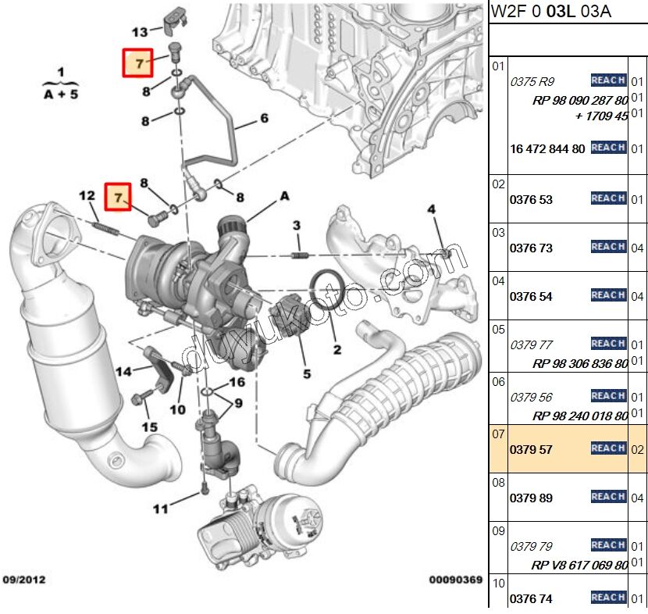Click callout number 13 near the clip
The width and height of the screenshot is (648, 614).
[140, 32]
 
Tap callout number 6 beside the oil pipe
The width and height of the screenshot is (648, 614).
[263, 119]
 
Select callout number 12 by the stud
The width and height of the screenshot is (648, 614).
[87, 195]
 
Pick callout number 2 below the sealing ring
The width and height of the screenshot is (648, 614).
[337, 349]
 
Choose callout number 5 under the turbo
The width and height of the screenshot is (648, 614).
[307, 373]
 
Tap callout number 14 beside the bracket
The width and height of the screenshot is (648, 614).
[124, 372]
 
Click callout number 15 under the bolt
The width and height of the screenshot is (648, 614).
[149, 427]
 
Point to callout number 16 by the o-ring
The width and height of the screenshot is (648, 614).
[237, 382]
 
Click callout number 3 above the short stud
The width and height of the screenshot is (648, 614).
[297, 226]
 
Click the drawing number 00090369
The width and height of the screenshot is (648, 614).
[455, 580]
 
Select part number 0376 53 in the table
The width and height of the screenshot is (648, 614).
[531, 200]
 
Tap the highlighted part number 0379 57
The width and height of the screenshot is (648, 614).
[531, 448]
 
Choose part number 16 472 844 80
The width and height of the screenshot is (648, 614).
[547, 148]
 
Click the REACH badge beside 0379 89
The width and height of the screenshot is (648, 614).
[608, 497]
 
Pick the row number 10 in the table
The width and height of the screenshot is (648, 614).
[498, 583]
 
